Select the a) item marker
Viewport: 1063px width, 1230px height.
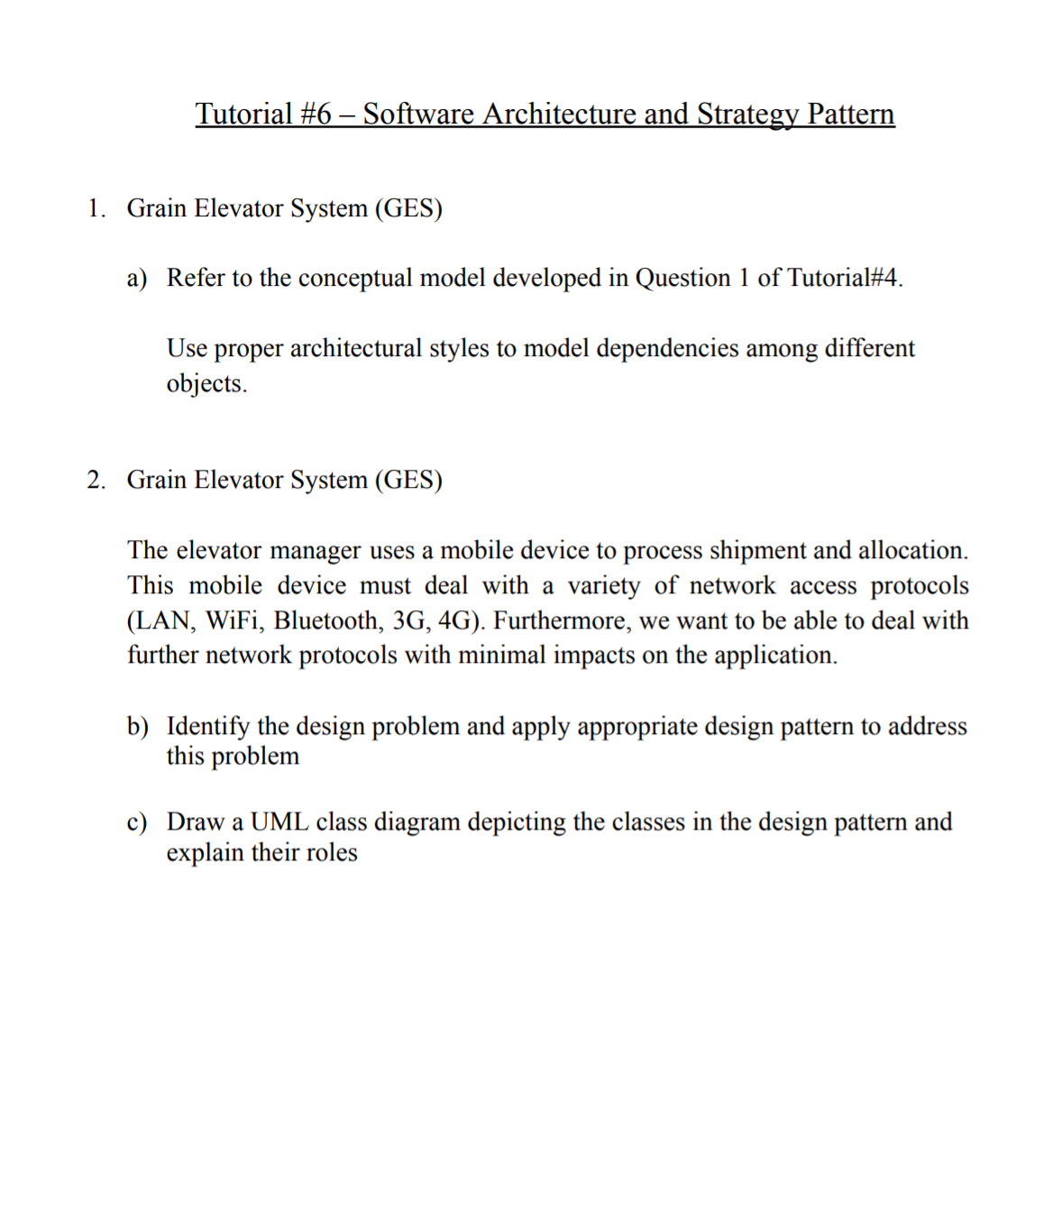(137, 278)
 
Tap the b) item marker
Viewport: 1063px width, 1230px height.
(137, 726)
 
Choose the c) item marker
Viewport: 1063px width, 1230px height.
(137, 822)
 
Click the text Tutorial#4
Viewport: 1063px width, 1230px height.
(844, 278)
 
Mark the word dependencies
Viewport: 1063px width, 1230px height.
(667, 348)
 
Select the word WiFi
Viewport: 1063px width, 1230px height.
(234, 620)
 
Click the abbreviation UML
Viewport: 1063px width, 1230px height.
(279, 822)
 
